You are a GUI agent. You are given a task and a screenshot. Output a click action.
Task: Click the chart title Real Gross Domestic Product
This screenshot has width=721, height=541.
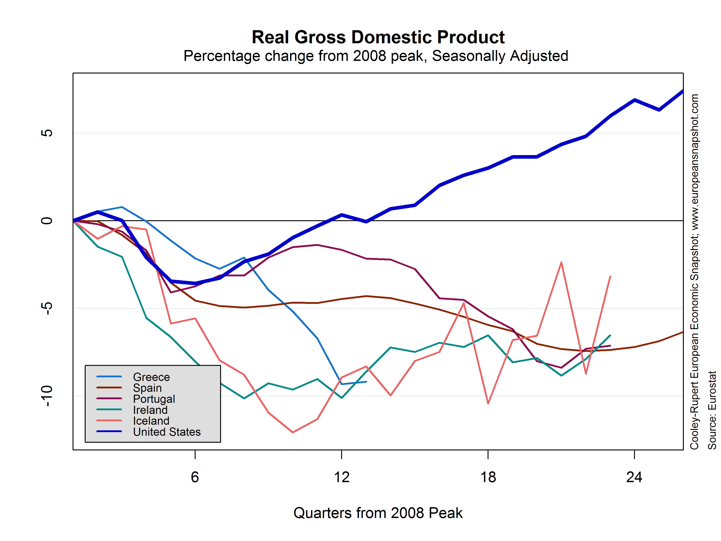point(378,37)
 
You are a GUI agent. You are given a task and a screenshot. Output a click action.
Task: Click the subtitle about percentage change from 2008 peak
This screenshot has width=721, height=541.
point(376,56)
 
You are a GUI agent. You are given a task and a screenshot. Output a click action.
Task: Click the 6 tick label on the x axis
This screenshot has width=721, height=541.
point(195,477)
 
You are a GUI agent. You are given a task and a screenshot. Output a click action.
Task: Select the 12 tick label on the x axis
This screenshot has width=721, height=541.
point(342,477)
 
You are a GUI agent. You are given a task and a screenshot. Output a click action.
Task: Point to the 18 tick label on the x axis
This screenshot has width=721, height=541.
point(488,477)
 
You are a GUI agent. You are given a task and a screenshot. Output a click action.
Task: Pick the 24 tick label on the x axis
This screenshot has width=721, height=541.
point(634,477)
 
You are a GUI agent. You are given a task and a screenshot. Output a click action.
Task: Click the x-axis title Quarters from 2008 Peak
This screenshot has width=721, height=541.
point(378,513)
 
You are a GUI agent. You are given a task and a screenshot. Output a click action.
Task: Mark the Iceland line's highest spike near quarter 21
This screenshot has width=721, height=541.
point(561,262)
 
